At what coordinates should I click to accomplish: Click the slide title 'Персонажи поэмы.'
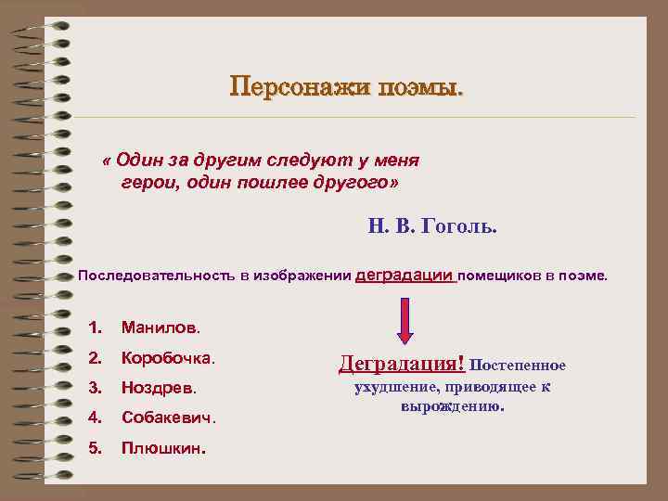coord(347,89)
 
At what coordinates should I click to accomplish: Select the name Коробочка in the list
coord(168,357)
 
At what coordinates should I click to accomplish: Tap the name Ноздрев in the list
coord(159,387)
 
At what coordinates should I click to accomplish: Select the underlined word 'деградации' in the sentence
coord(405,275)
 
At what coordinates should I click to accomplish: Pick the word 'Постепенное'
coord(522,366)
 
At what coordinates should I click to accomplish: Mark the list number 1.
coord(94,328)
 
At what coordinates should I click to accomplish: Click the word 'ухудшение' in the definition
coord(395,388)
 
